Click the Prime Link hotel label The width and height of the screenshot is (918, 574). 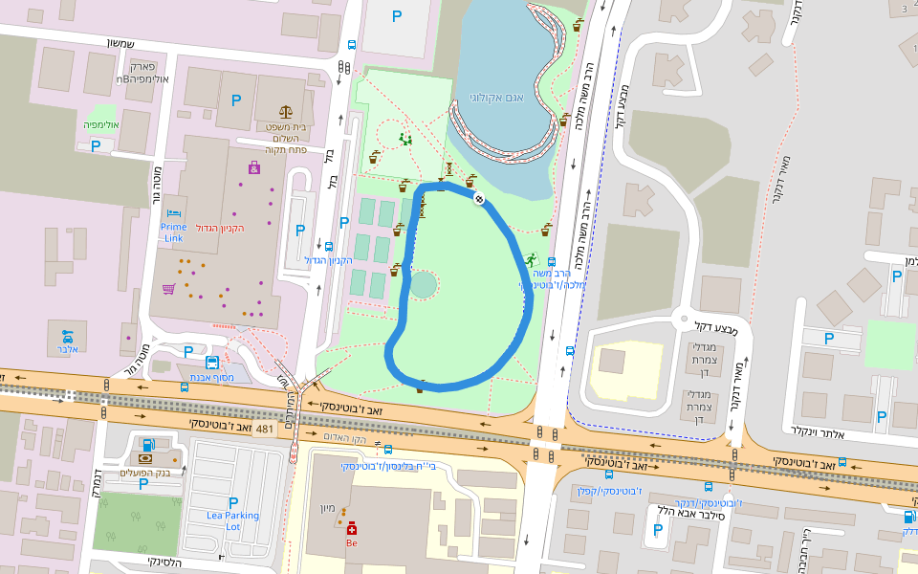[x=173, y=232]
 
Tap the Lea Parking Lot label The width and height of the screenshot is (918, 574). [x=232, y=521]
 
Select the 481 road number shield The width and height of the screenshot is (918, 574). [x=265, y=429]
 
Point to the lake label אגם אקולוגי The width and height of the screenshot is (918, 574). [x=502, y=97]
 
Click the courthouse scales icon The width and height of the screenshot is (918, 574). [x=286, y=112]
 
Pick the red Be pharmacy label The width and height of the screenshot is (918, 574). [x=352, y=542]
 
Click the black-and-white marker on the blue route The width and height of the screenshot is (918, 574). [x=478, y=199]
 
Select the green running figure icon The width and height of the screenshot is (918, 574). [x=530, y=260]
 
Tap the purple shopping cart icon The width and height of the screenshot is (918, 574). [x=168, y=288]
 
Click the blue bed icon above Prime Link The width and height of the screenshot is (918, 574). [x=173, y=212]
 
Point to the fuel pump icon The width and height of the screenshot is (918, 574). [x=147, y=444]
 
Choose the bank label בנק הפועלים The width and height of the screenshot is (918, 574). [x=142, y=473]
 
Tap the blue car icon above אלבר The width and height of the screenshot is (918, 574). [x=67, y=336]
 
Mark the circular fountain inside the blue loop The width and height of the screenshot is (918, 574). [x=423, y=284]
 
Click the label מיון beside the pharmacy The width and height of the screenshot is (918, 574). [x=327, y=508]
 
